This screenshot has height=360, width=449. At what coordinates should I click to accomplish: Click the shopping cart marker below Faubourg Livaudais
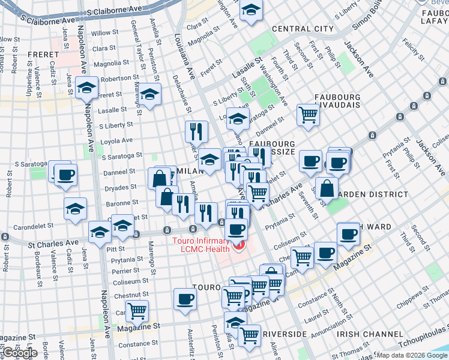click(308, 115)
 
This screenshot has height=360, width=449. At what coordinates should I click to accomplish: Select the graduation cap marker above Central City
click(251, 10)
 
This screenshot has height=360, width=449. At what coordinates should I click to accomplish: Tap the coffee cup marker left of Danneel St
click(65, 175)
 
